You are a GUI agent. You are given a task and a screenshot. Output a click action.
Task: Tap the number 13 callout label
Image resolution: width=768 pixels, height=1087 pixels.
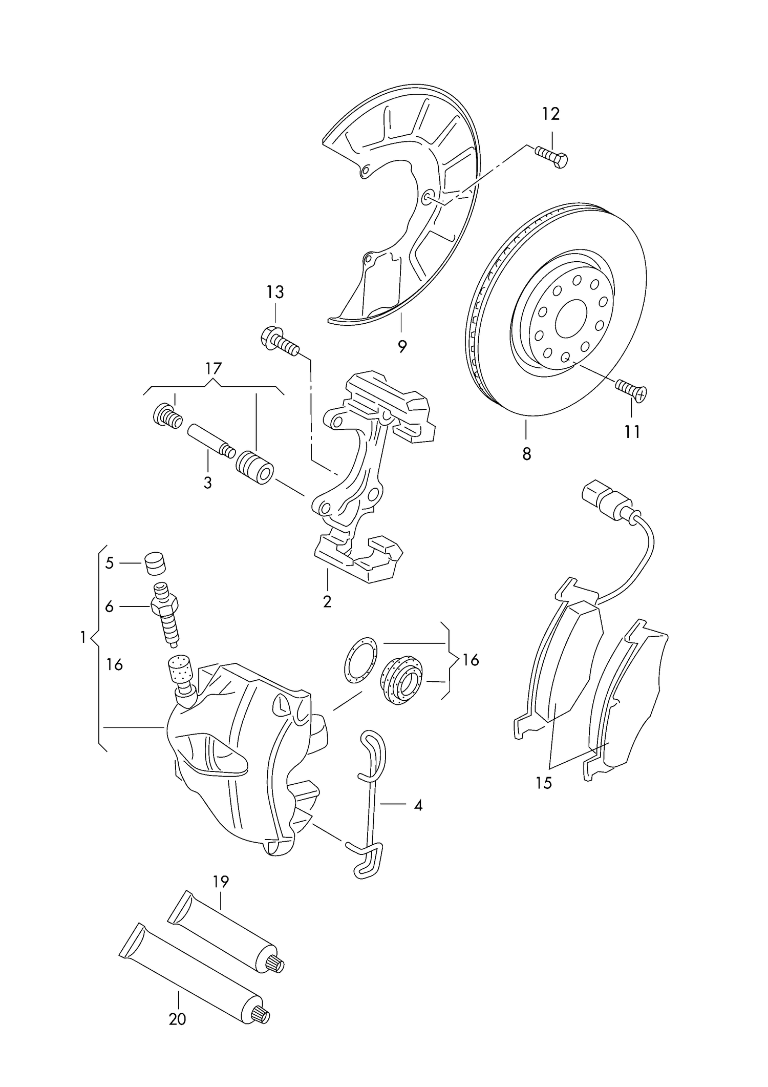click(275, 292)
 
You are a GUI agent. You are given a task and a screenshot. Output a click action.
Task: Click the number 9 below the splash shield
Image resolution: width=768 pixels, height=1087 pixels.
click(402, 347)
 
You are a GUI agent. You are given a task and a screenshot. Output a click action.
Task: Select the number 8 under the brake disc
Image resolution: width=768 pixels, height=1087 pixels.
click(527, 453)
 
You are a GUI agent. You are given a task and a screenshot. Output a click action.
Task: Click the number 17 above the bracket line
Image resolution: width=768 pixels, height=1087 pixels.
click(214, 368)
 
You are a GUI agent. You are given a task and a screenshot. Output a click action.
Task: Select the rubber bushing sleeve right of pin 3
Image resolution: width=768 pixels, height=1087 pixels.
click(255, 466)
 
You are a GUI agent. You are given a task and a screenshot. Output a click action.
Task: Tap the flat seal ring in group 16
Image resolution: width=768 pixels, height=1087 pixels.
click(360, 659)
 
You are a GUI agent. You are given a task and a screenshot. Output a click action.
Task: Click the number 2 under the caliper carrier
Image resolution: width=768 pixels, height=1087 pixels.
click(327, 601)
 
